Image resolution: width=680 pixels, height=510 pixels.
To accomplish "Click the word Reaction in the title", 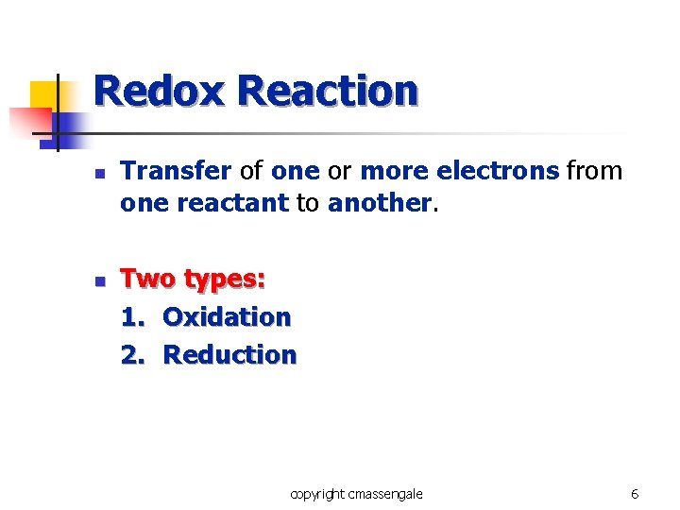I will coord(328,92).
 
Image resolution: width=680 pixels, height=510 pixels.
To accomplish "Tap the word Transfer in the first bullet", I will coord(177,171).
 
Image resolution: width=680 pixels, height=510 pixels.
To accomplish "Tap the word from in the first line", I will coord(594,171).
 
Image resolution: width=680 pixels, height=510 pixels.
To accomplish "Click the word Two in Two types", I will coord(148,280).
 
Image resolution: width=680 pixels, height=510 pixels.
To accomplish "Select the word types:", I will coord(225,280).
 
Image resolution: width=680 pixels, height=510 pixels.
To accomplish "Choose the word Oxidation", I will coord(227,317).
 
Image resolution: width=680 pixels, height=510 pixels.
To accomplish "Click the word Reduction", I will coord(229,355).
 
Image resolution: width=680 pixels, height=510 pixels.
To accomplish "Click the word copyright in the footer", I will coord(317,494).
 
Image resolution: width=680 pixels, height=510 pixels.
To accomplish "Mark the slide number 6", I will coord(635,494).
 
